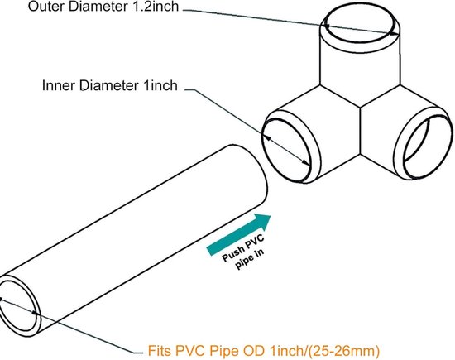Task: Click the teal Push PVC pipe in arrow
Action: click(238, 234)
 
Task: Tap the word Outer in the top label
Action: click(46, 7)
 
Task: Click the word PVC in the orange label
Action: click(191, 350)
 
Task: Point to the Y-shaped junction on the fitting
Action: click(361, 108)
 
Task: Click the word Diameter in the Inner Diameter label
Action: click(109, 85)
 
